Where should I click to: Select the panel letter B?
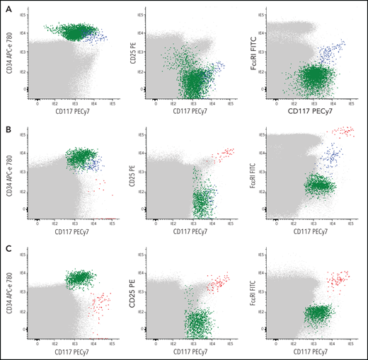(5, 126)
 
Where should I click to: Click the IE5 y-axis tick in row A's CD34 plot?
(23, 14)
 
